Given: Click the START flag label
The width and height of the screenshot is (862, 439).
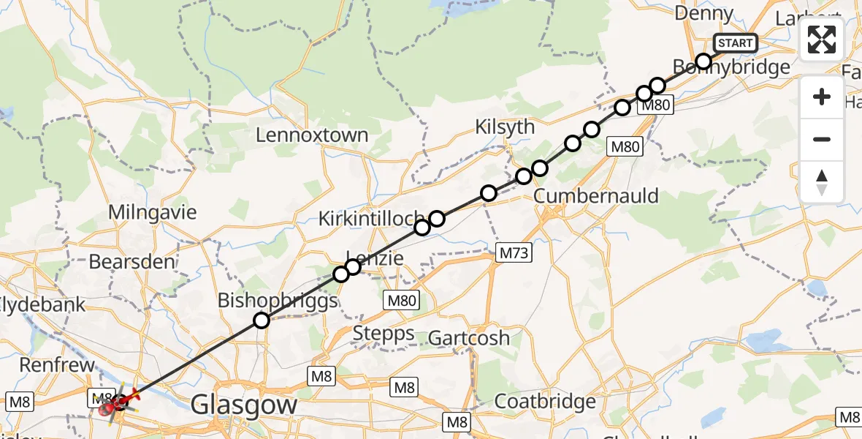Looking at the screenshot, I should [735, 43].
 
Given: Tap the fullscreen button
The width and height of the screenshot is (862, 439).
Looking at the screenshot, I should [822, 40].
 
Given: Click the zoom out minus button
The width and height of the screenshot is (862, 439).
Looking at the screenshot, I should [822, 139].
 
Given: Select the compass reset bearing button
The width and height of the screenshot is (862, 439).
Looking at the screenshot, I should [822, 182].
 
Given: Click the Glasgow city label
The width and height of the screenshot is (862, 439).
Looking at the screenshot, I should [244, 405].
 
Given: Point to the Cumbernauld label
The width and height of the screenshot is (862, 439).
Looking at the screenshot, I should [596, 196].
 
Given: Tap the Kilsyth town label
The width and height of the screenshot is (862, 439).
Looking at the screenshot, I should [505, 127].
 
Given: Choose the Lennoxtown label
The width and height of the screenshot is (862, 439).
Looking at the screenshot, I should [312, 135].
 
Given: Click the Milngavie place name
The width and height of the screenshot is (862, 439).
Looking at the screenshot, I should [153, 213].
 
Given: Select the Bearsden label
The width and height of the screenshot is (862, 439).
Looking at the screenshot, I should [132, 261].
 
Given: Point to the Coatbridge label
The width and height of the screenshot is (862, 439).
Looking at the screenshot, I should [544, 402].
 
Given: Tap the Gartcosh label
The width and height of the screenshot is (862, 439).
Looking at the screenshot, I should [469, 338].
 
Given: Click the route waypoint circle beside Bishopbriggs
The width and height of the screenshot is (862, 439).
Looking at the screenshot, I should [261, 320].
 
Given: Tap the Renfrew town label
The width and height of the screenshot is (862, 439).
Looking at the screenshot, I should [57, 364].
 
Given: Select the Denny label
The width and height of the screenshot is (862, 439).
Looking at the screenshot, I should [703, 13].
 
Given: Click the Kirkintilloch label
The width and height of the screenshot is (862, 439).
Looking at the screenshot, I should [371, 218].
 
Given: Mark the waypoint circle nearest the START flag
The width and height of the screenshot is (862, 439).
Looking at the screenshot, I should [703, 61].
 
